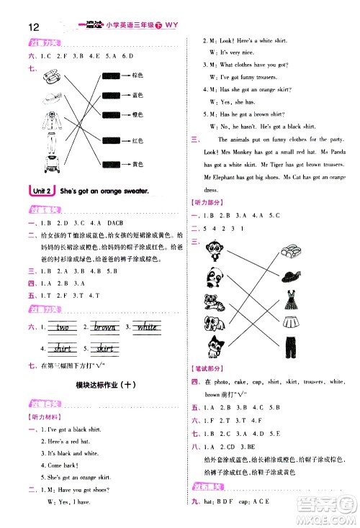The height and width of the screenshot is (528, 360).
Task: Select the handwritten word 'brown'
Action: [x=104, y=327]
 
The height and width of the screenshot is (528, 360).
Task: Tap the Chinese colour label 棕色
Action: [x=138, y=74]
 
